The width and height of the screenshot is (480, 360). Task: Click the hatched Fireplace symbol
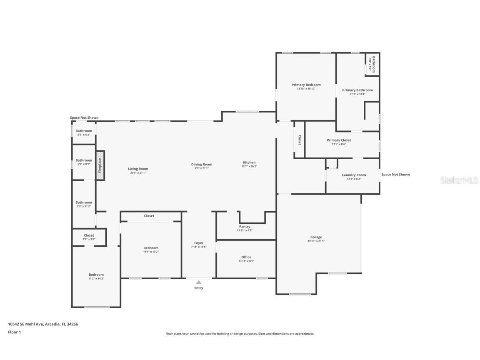click(x=100, y=165)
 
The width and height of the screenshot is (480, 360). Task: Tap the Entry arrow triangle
click(x=199, y=282)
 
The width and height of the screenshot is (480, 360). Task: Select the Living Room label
click(x=138, y=169)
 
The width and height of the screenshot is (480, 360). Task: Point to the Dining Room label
click(x=202, y=165)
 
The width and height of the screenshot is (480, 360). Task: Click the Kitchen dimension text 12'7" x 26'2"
click(x=249, y=166)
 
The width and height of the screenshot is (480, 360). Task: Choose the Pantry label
click(x=245, y=227)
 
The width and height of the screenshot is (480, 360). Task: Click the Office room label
click(x=246, y=257)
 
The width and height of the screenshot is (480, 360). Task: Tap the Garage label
click(x=316, y=237)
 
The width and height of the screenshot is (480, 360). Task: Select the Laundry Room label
click(x=354, y=175)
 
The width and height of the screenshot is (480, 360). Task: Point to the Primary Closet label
click(x=339, y=140)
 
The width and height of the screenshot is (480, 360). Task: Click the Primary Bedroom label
click(x=306, y=85)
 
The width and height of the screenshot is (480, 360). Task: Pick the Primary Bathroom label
click(x=357, y=90)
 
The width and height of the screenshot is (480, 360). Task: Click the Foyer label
click(x=199, y=243)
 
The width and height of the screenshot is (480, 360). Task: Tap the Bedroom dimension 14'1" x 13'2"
click(x=151, y=252)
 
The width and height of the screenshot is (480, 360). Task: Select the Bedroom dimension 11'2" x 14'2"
click(x=96, y=278)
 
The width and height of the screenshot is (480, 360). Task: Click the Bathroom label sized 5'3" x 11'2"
click(x=84, y=202)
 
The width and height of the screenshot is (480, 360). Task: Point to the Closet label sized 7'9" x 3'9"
click(x=89, y=235)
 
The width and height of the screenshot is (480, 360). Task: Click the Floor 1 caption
click(x=14, y=332)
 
